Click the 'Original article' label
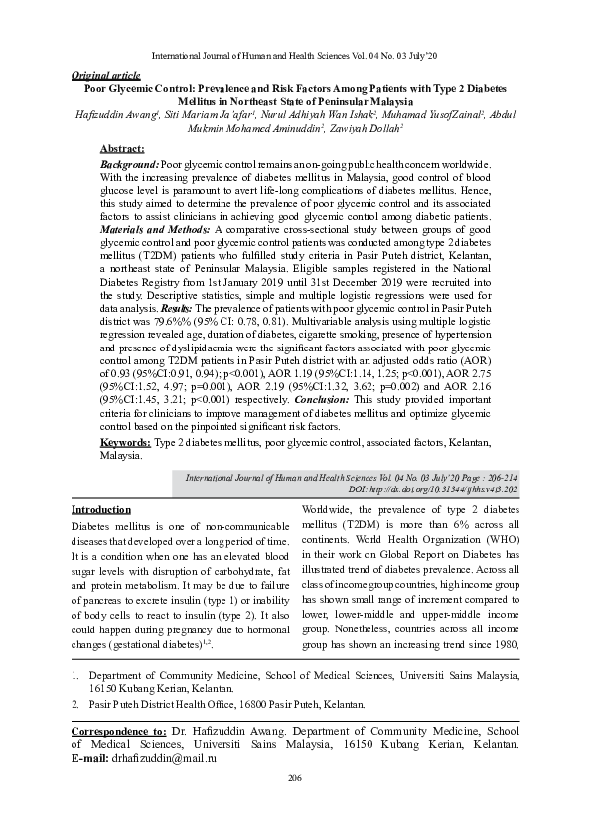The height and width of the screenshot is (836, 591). pyautogui.click(x=106, y=75)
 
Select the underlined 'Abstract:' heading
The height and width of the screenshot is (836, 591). pyautogui.click(x=123, y=148)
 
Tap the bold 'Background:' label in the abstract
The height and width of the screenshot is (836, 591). pyautogui.click(x=130, y=162)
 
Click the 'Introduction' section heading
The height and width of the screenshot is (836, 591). pyautogui.click(x=101, y=508)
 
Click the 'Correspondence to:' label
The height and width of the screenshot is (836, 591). pyautogui.click(x=119, y=729)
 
